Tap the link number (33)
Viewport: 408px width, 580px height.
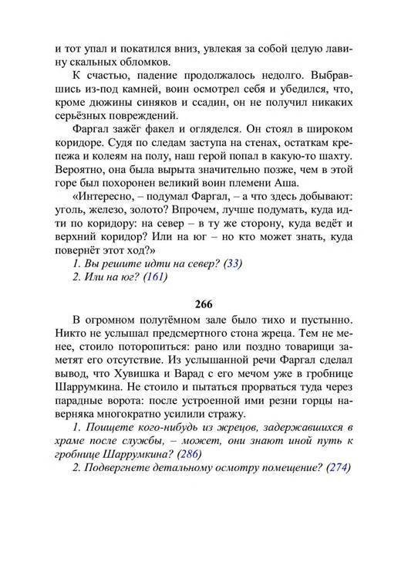coord(232,263)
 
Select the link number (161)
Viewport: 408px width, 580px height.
coord(155,277)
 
